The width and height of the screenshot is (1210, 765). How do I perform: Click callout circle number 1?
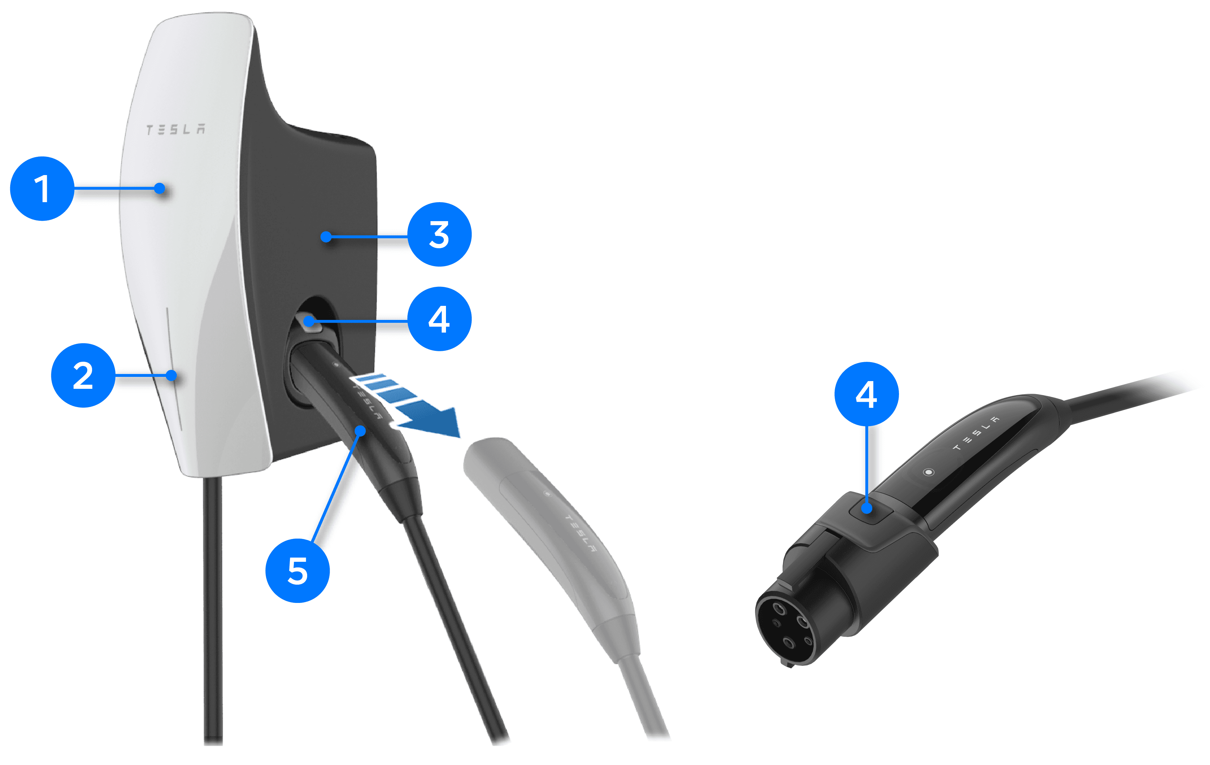(x=42, y=188)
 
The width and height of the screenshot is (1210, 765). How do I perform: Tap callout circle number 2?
(x=83, y=375)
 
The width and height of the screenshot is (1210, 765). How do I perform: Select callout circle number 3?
(x=439, y=234)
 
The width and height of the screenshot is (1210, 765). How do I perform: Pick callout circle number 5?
(x=297, y=571)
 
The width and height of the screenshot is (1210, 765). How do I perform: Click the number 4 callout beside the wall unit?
(x=439, y=319)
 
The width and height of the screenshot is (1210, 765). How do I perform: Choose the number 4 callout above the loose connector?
(x=866, y=394)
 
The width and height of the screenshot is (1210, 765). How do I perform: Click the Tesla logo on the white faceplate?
(x=175, y=129)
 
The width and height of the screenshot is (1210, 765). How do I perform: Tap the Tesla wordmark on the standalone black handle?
(x=976, y=433)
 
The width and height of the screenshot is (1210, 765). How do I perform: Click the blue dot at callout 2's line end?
(x=172, y=375)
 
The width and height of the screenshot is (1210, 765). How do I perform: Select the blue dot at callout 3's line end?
(x=326, y=236)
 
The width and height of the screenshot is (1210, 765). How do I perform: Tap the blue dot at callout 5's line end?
(x=360, y=431)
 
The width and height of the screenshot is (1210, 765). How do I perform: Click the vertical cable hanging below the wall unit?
(x=213, y=611)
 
